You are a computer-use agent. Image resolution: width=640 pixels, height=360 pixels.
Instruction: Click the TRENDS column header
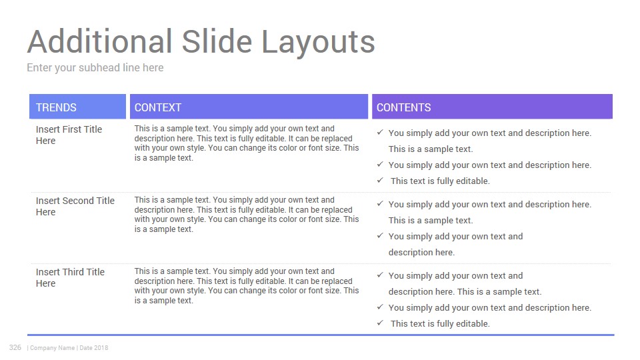click(x=56, y=107)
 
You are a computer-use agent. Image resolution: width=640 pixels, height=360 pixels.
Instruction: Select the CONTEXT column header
click(x=158, y=107)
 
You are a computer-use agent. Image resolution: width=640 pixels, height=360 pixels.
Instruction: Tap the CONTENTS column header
click(x=404, y=107)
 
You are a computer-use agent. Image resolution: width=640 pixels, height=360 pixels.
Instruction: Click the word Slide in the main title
click(x=217, y=41)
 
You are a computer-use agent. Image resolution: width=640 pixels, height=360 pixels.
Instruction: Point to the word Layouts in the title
click(x=318, y=44)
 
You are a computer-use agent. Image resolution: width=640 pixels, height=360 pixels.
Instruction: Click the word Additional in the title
click(x=99, y=41)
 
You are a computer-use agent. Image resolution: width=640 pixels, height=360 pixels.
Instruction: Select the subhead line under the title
click(x=95, y=68)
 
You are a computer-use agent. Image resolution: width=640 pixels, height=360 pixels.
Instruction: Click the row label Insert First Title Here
click(x=69, y=135)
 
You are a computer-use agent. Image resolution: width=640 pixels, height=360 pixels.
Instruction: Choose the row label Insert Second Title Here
click(x=75, y=207)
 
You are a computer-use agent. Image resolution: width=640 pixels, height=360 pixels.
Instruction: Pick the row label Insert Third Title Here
click(x=70, y=277)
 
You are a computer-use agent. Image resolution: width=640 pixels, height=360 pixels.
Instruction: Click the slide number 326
click(x=15, y=347)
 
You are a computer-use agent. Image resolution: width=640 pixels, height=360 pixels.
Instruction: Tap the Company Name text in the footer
click(x=52, y=348)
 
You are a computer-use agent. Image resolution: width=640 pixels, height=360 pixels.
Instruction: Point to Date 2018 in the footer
click(x=94, y=348)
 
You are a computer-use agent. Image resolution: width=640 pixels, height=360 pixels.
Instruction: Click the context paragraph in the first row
click(x=247, y=143)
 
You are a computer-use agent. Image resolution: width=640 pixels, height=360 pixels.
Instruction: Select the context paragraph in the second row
click(x=247, y=215)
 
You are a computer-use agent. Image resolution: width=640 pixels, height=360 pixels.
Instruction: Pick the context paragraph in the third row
click(x=247, y=286)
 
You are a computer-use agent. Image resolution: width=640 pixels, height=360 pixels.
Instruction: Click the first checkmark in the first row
click(x=380, y=132)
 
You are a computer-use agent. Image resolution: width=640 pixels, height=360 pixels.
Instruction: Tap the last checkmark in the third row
click(x=380, y=323)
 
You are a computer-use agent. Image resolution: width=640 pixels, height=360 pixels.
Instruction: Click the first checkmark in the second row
click(x=380, y=203)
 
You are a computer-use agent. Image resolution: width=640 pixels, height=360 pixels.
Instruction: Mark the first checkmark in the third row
click(x=380, y=275)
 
